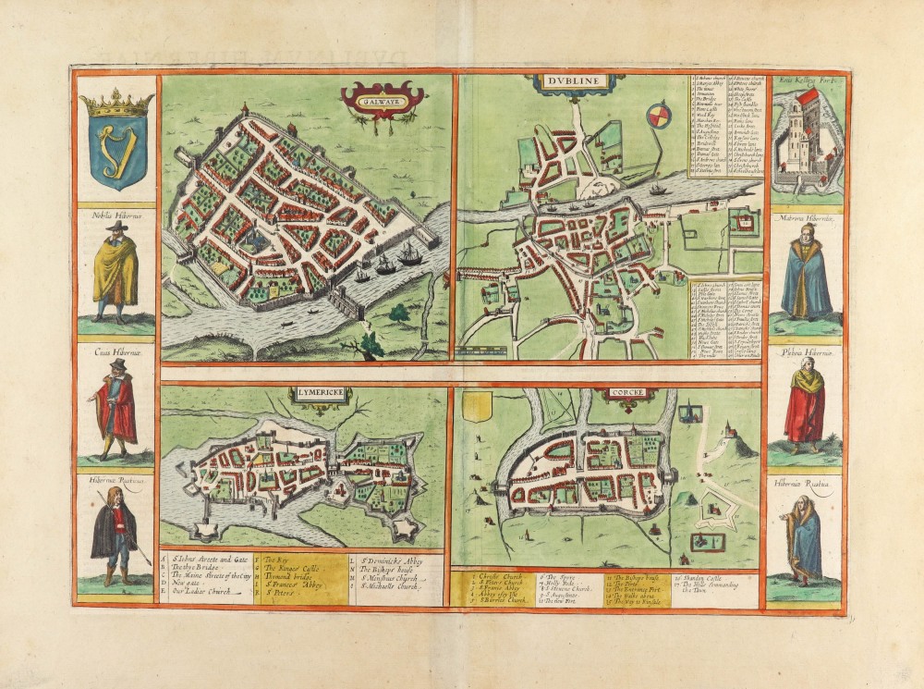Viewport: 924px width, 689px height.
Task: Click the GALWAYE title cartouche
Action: coord(383,95)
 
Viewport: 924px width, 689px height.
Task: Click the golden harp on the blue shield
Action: coord(115,148)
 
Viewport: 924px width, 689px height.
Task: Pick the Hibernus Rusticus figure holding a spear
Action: coord(115,537)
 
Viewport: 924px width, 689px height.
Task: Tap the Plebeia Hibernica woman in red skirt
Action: coord(804,405)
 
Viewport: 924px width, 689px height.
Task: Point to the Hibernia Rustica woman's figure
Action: coord(804,540)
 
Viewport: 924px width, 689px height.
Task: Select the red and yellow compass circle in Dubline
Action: coord(659,117)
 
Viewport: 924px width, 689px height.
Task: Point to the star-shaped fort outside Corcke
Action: coord(714,509)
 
